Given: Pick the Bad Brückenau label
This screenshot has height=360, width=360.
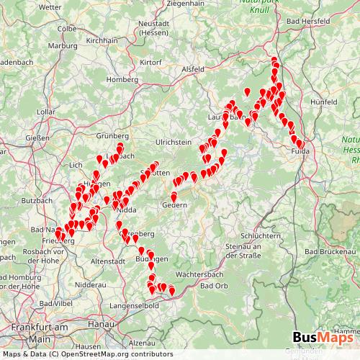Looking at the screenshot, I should [x=331, y=252].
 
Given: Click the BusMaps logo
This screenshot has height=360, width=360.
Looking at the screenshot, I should [x=323, y=338].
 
